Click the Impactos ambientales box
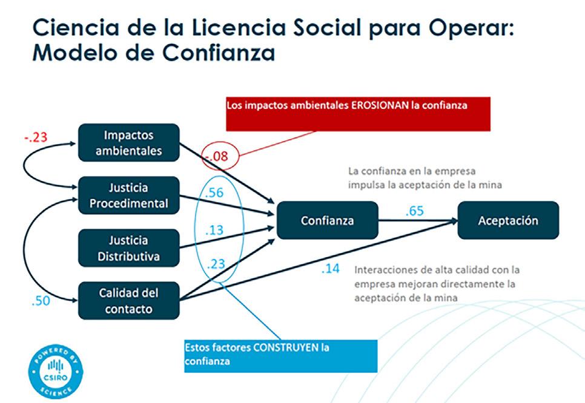(x=129, y=142)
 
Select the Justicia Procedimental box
(x=129, y=195)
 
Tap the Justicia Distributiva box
(x=129, y=248)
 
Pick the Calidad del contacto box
(x=129, y=301)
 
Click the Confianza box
(x=328, y=220)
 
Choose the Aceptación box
(x=508, y=220)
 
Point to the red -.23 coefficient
(x=36, y=137)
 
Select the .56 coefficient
(x=214, y=192)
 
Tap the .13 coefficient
(x=214, y=230)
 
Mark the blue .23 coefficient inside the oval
(x=216, y=264)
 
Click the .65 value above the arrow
(x=414, y=211)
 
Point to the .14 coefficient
(x=330, y=269)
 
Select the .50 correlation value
(x=41, y=301)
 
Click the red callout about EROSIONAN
(x=358, y=114)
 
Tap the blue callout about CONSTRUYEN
(x=281, y=356)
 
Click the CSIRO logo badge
(x=56, y=372)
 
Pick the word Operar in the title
(x=471, y=28)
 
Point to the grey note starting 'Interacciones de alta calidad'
(x=437, y=284)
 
